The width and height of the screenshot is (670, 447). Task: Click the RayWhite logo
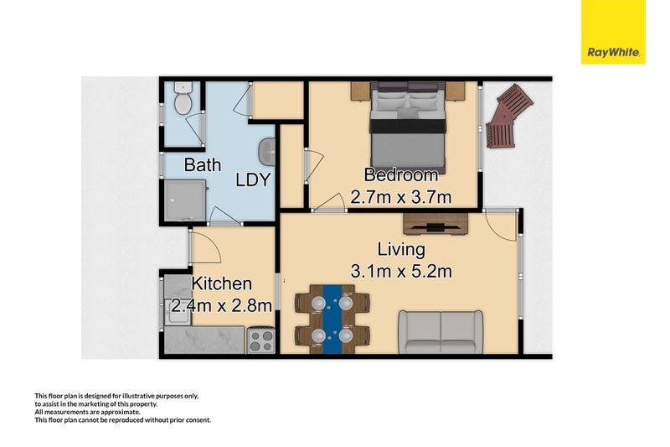click(614, 32)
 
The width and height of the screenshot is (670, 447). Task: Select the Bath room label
click(203, 165)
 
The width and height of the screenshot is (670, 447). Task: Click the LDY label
click(252, 179)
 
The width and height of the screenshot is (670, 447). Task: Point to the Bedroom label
click(400, 175)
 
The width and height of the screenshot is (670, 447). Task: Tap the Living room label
click(401, 249)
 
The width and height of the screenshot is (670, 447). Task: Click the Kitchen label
click(222, 284)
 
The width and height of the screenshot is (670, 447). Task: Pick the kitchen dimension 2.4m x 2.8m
click(221, 305)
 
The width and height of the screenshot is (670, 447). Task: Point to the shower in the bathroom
click(183, 200)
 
